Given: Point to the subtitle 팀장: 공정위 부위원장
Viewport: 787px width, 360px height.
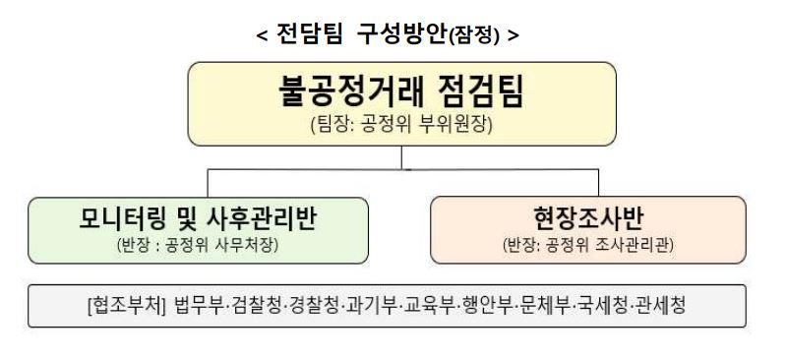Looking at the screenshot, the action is (x=402, y=126).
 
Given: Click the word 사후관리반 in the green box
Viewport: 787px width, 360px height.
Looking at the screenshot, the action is (x=258, y=218).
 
